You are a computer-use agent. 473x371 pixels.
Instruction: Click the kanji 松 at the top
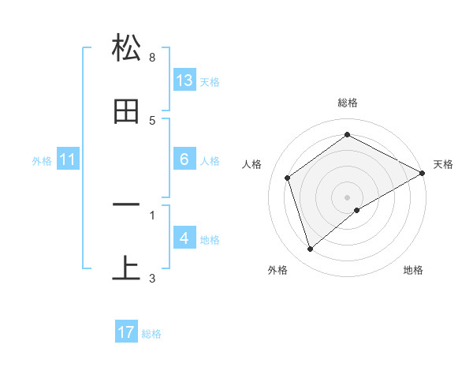127,48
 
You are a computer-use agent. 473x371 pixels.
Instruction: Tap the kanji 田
127,112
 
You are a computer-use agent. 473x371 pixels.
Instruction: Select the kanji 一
127,205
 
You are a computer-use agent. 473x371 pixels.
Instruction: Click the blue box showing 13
184,80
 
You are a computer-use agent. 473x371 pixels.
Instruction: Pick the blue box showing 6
184,159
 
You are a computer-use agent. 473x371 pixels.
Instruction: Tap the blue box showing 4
184,238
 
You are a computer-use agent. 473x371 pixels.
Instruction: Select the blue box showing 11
68,159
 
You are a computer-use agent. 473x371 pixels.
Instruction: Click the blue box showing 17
126,332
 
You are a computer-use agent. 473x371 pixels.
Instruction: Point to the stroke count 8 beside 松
152,58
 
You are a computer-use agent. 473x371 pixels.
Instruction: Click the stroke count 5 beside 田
152,121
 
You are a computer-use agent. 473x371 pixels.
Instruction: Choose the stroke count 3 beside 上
152,278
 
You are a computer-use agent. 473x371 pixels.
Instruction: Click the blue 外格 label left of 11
42,161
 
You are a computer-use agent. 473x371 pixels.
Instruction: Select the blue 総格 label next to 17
151,334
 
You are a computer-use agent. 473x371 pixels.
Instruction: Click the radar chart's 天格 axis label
443,164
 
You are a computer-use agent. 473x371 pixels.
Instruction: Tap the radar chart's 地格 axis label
413,270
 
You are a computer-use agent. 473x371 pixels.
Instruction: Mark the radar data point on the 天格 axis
423,173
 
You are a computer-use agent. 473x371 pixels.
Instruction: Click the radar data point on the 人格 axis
288,178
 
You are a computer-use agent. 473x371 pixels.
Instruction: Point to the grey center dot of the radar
348,197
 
